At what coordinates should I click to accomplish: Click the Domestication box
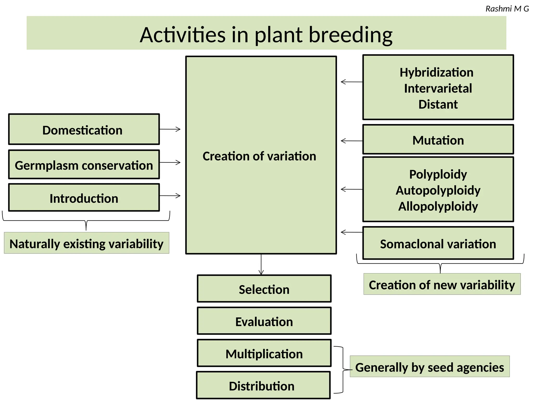tap(84, 129)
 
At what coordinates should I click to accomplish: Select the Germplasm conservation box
tap(84, 165)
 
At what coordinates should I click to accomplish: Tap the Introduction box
tap(84, 198)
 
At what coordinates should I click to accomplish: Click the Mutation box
tap(438, 140)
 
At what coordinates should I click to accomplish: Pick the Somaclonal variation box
tap(438, 243)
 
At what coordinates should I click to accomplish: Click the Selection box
tap(264, 289)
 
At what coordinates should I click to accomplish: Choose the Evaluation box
tap(264, 321)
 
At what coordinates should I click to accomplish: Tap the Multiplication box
tap(264, 353)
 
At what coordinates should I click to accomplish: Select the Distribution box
tap(263, 385)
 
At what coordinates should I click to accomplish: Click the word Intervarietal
tap(438, 88)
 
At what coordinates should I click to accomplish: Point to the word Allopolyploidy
tap(438, 206)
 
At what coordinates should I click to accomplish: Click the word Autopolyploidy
tap(438, 190)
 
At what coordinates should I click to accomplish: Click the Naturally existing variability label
tap(86, 243)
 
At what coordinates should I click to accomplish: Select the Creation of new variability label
tap(442, 284)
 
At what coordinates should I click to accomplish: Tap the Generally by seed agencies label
tap(429, 367)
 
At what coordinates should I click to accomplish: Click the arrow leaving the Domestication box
tap(170, 129)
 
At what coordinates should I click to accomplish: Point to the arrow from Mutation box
tap(352, 141)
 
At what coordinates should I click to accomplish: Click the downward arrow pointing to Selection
tap(261, 264)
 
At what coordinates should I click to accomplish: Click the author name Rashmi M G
tap(507, 9)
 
